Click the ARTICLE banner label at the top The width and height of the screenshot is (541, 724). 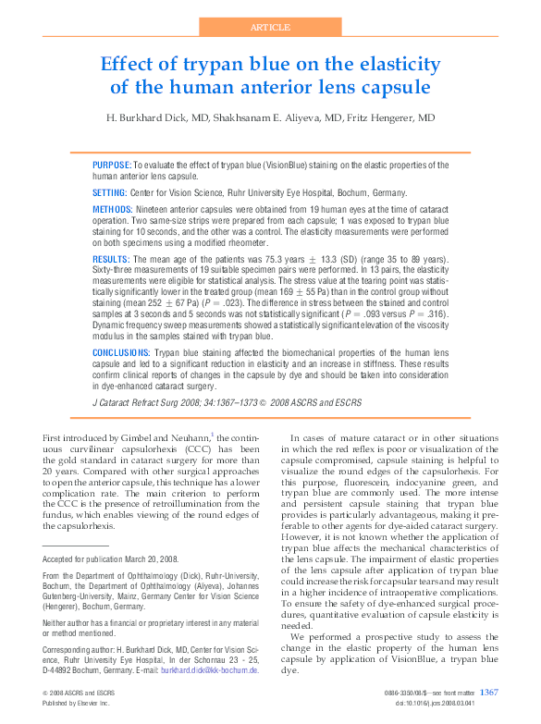click(269, 28)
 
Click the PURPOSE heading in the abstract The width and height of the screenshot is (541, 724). click(111, 165)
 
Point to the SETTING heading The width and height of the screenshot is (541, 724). click(109, 192)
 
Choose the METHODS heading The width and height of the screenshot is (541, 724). click(113, 211)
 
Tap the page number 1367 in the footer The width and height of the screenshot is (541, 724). click(489, 691)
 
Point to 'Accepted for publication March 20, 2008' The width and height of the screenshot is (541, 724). click(110, 558)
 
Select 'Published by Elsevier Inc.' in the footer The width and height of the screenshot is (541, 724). click(76, 703)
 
